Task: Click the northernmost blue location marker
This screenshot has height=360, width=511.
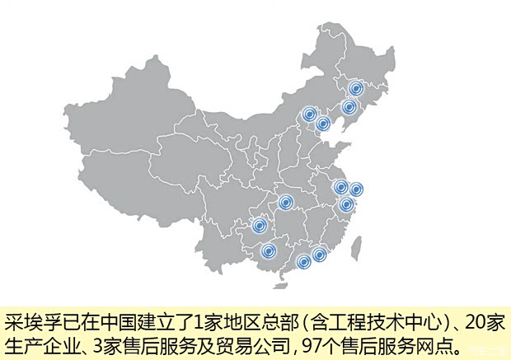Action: pyautogui.click(x=356, y=89)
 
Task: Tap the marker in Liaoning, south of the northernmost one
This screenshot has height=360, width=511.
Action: pyautogui.click(x=349, y=107)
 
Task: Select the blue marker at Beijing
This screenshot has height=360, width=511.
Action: pyautogui.click(x=309, y=115)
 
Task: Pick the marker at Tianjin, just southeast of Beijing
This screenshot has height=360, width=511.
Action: pyautogui.click(x=323, y=124)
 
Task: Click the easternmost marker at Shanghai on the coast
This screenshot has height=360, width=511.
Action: pyautogui.click(x=356, y=190)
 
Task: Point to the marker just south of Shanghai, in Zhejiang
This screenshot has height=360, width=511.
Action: pyautogui.click(x=346, y=204)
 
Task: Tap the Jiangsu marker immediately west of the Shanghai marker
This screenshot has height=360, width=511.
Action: pyautogui.click(x=340, y=187)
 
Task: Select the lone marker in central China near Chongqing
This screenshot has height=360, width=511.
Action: pyautogui.click(x=285, y=203)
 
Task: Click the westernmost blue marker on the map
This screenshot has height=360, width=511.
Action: pyautogui.click(x=259, y=226)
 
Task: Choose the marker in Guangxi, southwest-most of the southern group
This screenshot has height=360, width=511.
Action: pyautogui.click(x=268, y=250)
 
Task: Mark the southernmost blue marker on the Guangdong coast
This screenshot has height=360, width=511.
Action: pyautogui.click(x=303, y=262)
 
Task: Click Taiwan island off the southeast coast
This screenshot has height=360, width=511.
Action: pyautogui.click(x=357, y=245)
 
